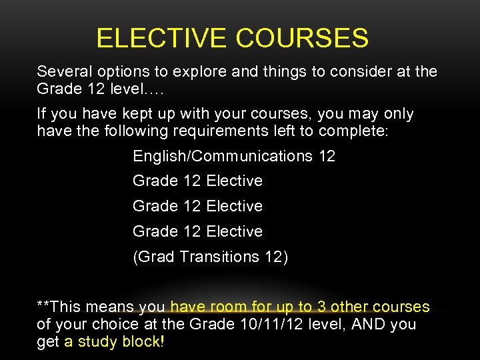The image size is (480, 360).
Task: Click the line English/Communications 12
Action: (x=234, y=156)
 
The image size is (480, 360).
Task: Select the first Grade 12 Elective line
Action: (x=197, y=181)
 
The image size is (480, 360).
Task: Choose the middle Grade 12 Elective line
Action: (x=197, y=206)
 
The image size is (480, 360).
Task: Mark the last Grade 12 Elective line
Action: (x=197, y=231)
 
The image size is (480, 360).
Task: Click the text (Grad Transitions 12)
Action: (x=211, y=257)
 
